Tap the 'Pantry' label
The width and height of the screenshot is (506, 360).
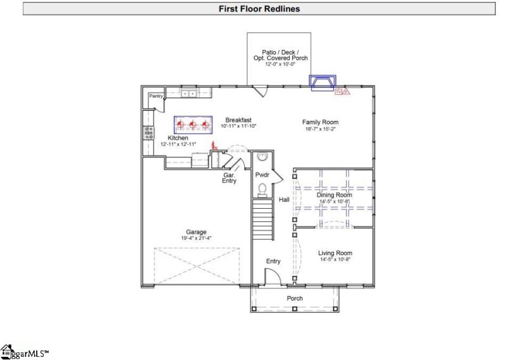[x=156, y=96]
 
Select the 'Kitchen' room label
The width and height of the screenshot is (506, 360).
[x=178, y=137]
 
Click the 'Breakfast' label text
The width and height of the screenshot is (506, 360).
[x=238, y=120]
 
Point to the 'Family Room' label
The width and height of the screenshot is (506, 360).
[x=319, y=122]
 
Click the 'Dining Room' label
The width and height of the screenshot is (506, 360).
[x=334, y=195]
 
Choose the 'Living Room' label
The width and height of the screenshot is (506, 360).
[x=335, y=252]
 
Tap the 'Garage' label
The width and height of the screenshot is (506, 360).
[x=196, y=232]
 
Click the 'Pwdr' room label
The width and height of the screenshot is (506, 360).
[x=262, y=174]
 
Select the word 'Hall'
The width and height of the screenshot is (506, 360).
[x=284, y=200]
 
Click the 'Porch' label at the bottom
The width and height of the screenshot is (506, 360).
[x=295, y=298]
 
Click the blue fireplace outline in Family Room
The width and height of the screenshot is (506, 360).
[x=322, y=83]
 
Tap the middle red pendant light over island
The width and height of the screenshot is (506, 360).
[x=193, y=125]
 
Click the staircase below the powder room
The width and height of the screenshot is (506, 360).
[x=262, y=218]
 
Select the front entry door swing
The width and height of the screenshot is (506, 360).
[x=271, y=276]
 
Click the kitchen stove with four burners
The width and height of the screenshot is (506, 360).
[x=150, y=132]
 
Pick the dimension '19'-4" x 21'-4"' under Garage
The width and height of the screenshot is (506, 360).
[x=196, y=238]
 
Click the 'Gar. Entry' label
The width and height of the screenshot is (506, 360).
[x=229, y=178]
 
